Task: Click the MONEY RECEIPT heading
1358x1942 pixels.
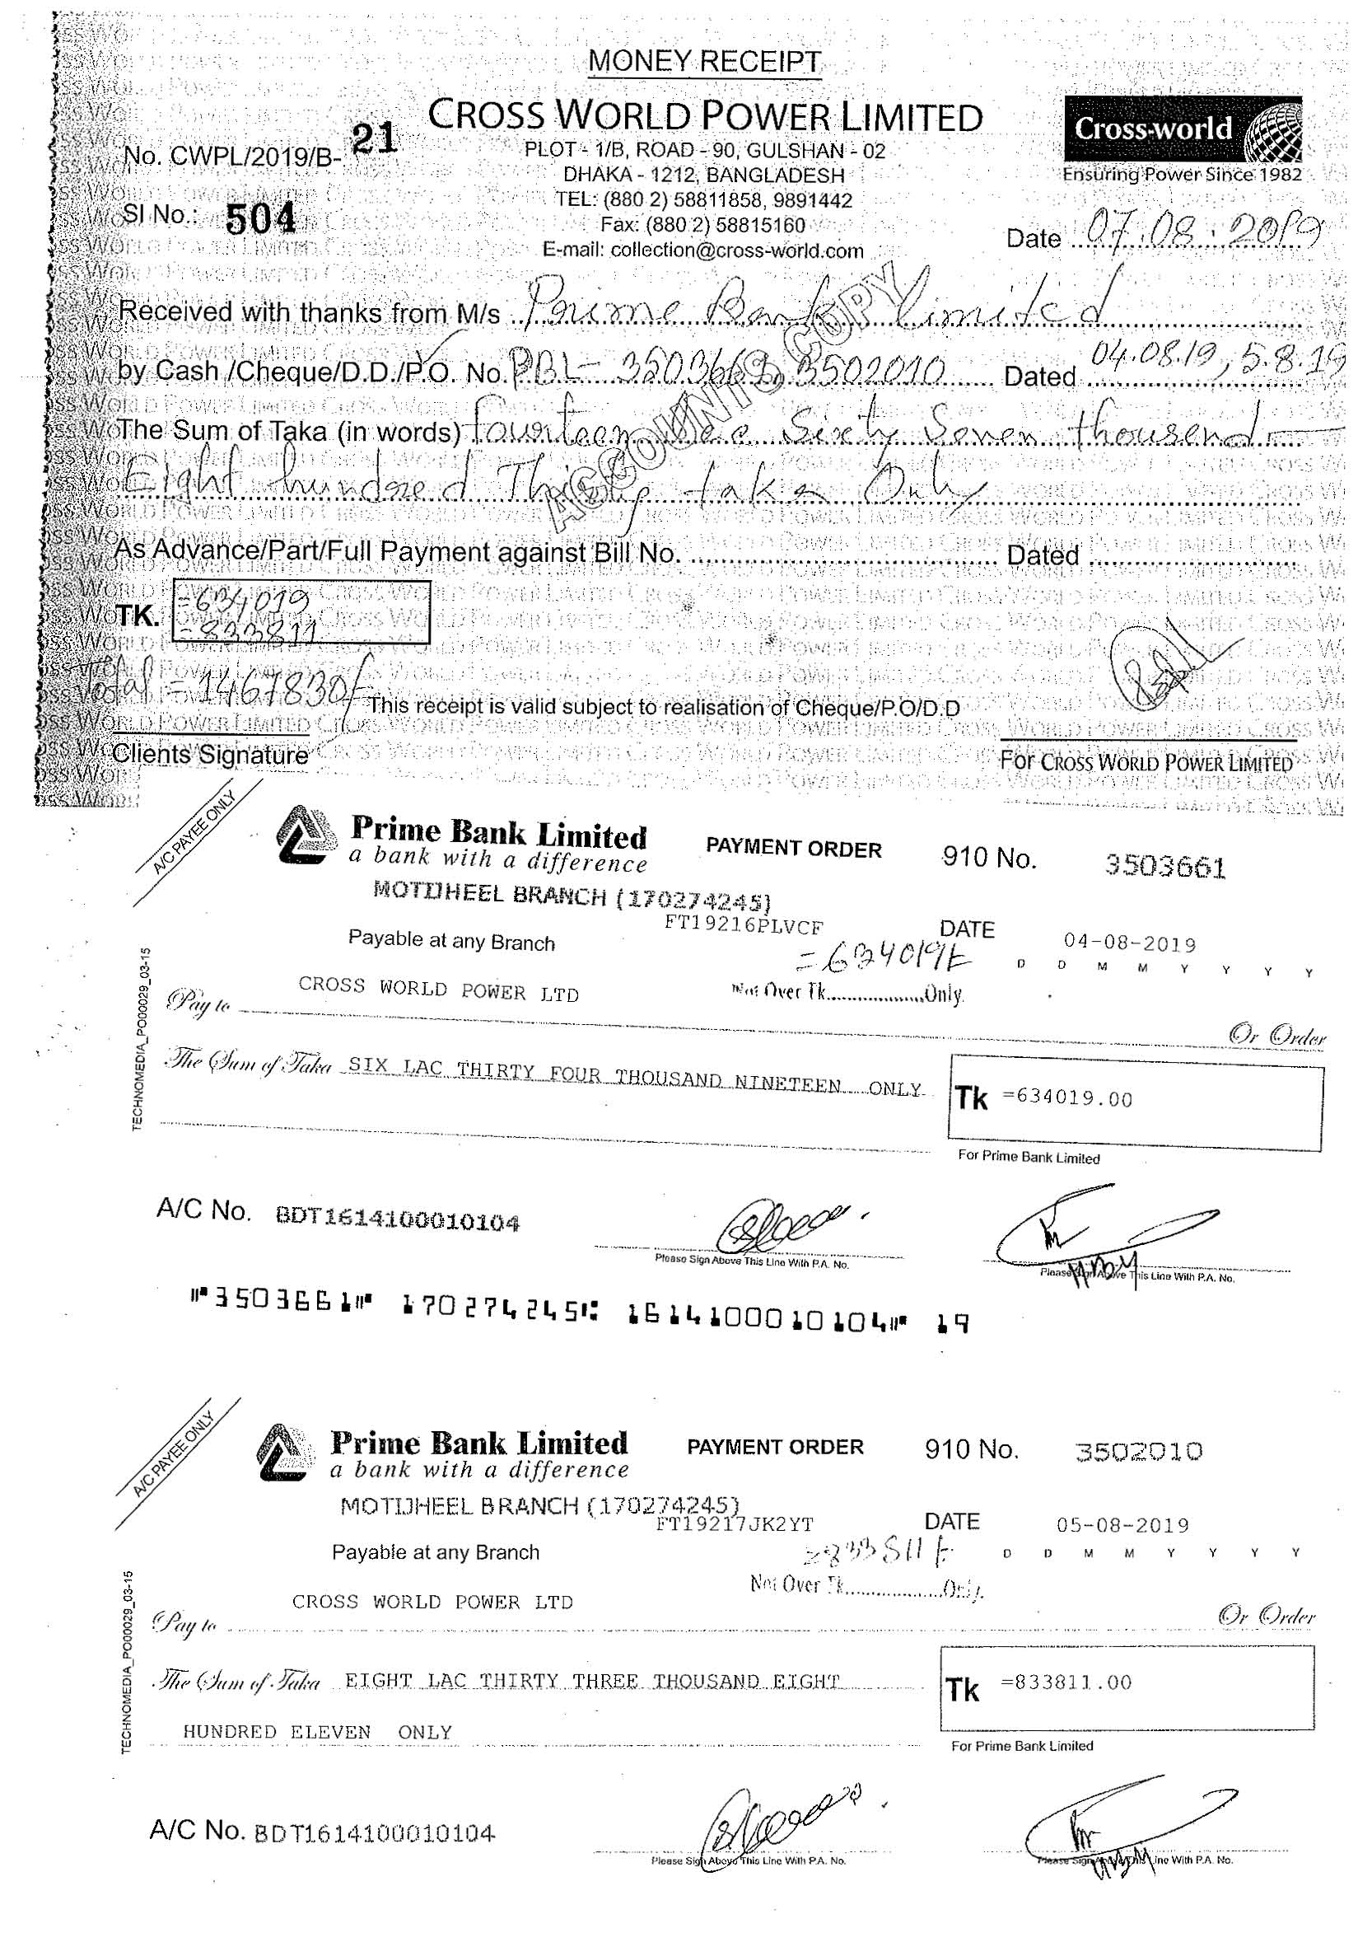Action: pos(703,62)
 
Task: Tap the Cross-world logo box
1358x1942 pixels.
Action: pos(1182,129)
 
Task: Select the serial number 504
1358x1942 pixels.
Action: pos(261,220)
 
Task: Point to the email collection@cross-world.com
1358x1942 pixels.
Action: pos(703,250)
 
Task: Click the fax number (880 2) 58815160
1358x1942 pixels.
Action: pos(702,226)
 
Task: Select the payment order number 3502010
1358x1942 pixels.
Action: pos(1138,1452)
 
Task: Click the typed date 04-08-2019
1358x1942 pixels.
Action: pos(1129,943)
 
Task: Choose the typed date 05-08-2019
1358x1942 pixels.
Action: pos(1122,1525)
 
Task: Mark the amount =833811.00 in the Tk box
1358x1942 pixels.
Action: pos(1066,1682)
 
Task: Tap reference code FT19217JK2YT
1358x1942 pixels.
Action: pos(734,1524)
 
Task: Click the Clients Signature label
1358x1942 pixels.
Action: pos(210,755)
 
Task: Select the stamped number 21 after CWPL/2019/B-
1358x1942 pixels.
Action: pos(373,138)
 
